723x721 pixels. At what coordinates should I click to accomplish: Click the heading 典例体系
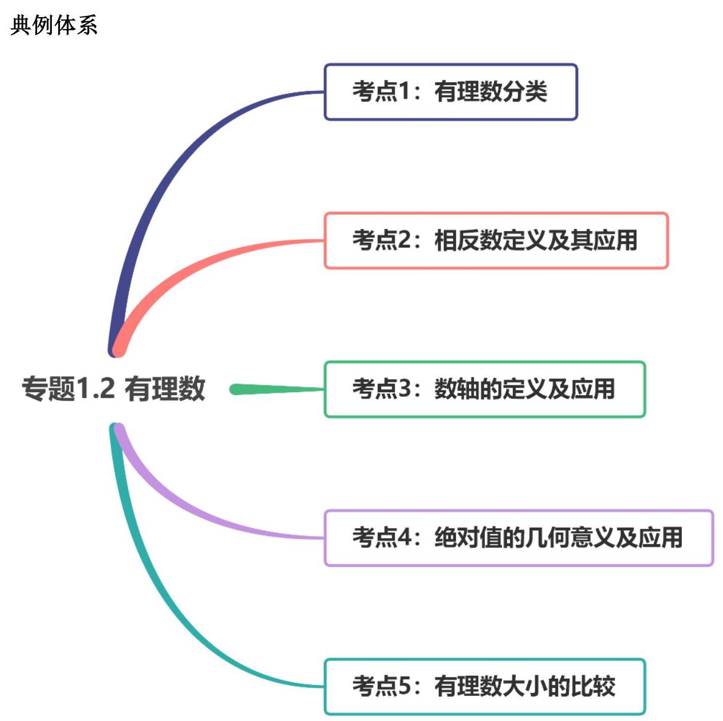(x=54, y=25)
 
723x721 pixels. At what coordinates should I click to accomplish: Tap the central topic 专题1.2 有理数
(x=113, y=389)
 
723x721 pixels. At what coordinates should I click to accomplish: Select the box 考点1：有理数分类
(x=450, y=92)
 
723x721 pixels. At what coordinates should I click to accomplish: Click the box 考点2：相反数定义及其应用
(x=495, y=240)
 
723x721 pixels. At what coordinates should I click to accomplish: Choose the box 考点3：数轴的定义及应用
(x=484, y=389)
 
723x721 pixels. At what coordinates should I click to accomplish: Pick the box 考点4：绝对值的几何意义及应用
(x=518, y=538)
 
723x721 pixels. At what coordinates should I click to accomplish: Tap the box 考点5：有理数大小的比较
(x=484, y=686)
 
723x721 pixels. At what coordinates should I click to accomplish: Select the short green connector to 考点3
(x=274, y=389)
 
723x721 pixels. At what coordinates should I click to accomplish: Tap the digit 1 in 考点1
(x=404, y=92)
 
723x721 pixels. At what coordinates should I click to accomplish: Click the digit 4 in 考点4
(x=404, y=538)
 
